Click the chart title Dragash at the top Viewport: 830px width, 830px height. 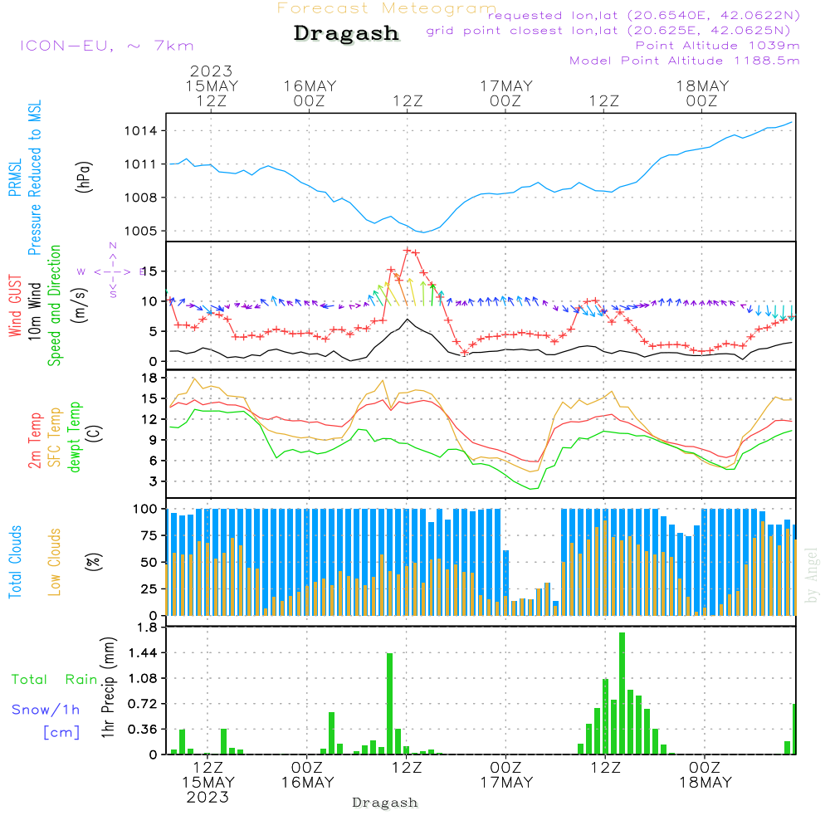(346, 34)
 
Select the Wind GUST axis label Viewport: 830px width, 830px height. (16, 307)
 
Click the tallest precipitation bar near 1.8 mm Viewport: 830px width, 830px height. (622, 693)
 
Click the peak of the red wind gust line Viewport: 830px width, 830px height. (408, 250)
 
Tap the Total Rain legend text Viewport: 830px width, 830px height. (54, 680)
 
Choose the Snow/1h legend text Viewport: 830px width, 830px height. (46, 710)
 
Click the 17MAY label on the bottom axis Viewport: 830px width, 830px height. (506, 783)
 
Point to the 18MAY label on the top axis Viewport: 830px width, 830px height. (702, 85)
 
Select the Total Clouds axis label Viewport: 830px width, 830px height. (16, 562)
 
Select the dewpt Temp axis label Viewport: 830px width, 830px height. (75, 437)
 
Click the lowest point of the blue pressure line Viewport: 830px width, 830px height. (422, 232)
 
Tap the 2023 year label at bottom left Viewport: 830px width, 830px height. (207, 798)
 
